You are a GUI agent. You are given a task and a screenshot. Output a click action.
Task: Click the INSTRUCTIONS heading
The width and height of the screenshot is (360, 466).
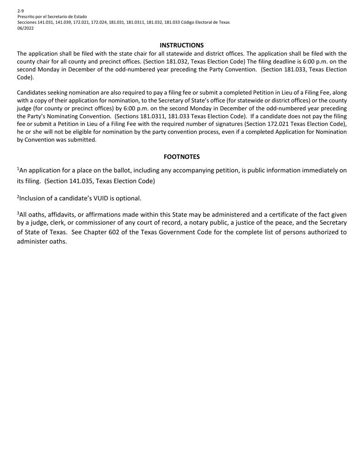coord(182,45)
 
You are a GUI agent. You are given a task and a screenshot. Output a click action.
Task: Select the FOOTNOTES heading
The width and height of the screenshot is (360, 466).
coord(182,157)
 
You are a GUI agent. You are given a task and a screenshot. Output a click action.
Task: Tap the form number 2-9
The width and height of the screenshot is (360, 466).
coord(20,11)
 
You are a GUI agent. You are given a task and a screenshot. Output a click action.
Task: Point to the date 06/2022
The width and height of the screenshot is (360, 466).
coord(25,28)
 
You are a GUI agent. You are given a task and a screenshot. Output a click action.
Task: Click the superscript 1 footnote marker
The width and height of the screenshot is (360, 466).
coord(18,169)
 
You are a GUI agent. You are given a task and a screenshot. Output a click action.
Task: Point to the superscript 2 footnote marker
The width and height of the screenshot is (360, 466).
coord(18,197)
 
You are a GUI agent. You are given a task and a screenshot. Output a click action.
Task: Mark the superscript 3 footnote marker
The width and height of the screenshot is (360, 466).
coord(18,213)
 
